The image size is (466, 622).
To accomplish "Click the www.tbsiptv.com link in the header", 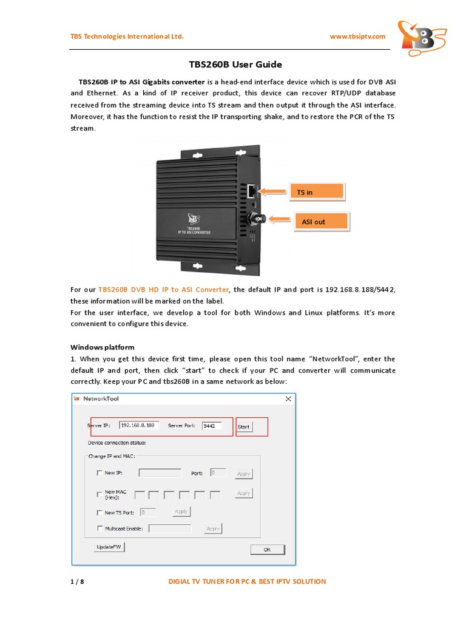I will (357, 36).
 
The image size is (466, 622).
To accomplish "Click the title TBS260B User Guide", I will (232, 64).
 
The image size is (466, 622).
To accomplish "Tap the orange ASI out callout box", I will (320, 222).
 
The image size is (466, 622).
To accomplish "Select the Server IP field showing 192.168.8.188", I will (139, 426).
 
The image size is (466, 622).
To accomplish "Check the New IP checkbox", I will (100, 473).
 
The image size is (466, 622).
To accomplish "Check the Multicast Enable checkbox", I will (100, 528).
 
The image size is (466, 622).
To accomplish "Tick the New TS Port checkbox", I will (100, 512).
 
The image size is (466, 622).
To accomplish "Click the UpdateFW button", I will (109, 547).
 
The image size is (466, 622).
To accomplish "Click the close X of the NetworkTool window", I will (288, 398).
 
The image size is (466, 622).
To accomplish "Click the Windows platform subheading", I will (102, 347).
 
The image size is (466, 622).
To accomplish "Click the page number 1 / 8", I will (77, 581).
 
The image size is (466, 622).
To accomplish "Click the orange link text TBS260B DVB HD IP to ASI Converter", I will (163, 290).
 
